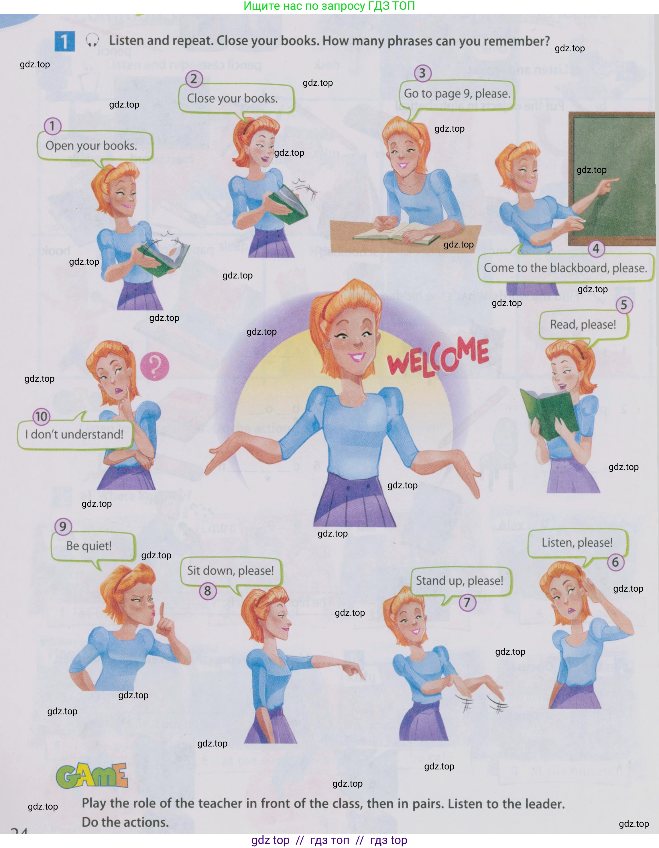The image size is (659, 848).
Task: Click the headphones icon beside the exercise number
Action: coord(92,40)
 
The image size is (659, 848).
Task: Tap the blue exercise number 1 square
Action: coord(64,41)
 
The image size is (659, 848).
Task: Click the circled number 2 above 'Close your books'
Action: coord(194,79)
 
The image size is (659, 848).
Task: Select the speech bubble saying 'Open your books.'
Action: coord(92,146)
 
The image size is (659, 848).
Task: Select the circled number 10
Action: coord(41,417)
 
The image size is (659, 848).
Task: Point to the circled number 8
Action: coord(208,591)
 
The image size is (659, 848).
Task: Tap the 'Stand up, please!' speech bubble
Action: coord(460,581)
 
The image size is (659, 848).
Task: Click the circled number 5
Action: coord(624,305)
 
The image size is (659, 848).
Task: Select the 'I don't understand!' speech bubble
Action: coord(74,434)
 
